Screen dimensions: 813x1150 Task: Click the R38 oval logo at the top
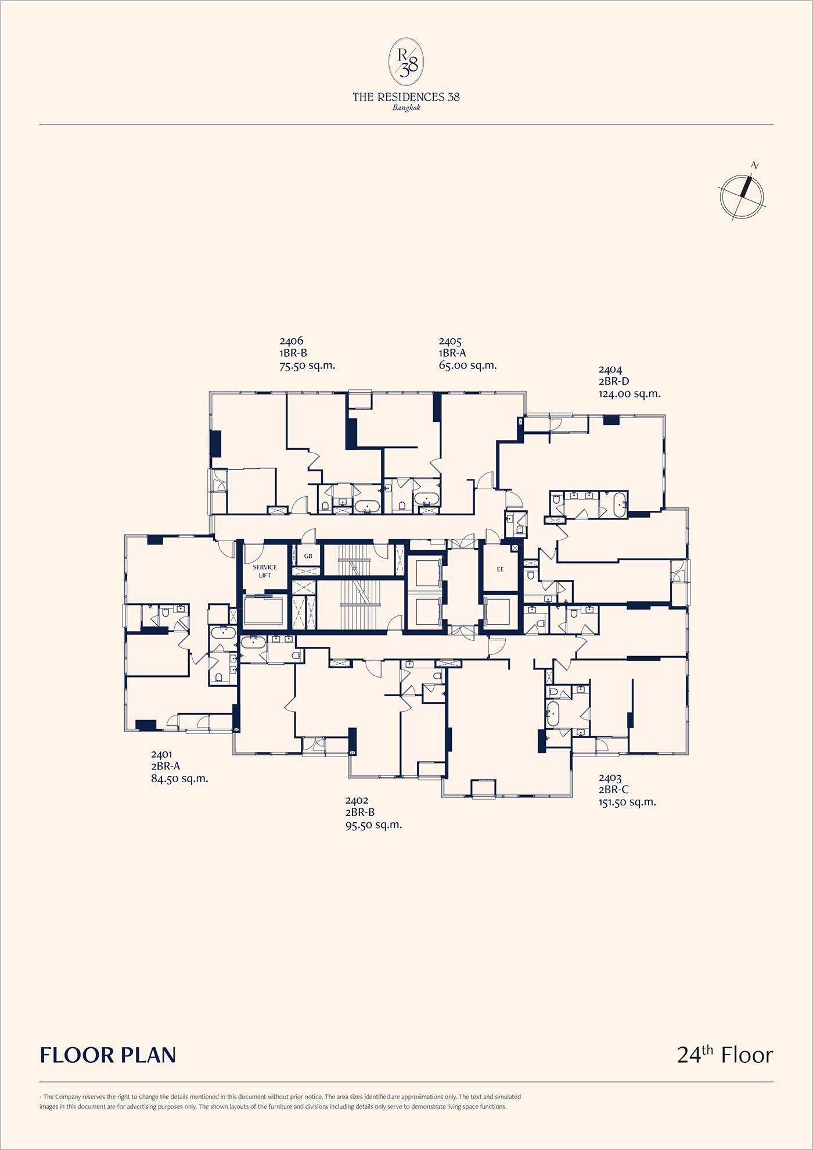click(x=406, y=62)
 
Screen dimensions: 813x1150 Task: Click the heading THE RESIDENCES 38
click(x=406, y=97)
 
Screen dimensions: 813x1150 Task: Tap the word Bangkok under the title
click(x=406, y=108)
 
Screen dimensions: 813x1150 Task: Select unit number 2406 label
click(x=291, y=341)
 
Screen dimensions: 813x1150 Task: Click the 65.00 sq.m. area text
click(x=467, y=366)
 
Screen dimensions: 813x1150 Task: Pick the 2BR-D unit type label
click(x=614, y=381)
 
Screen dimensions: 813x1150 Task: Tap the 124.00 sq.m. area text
click(x=629, y=393)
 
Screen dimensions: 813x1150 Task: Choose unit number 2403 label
click(x=610, y=778)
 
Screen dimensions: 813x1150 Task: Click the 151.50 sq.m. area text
click(x=627, y=802)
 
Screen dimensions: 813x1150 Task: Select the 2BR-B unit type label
click(x=360, y=812)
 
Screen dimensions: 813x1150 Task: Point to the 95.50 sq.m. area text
click(x=373, y=825)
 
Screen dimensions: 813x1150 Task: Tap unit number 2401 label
click(x=161, y=754)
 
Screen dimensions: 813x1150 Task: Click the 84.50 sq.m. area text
click(x=179, y=779)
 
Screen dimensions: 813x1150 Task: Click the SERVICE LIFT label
click(x=265, y=571)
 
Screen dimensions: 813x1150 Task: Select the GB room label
click(x=308, y=556)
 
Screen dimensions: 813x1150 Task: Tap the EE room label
click(x=501, y=569)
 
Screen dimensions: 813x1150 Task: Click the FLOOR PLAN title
click(x=108, y=1055)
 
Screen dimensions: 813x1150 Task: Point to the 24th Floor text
click(x=725, y=1054)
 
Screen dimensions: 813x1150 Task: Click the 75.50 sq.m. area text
click(x=307, y=366)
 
